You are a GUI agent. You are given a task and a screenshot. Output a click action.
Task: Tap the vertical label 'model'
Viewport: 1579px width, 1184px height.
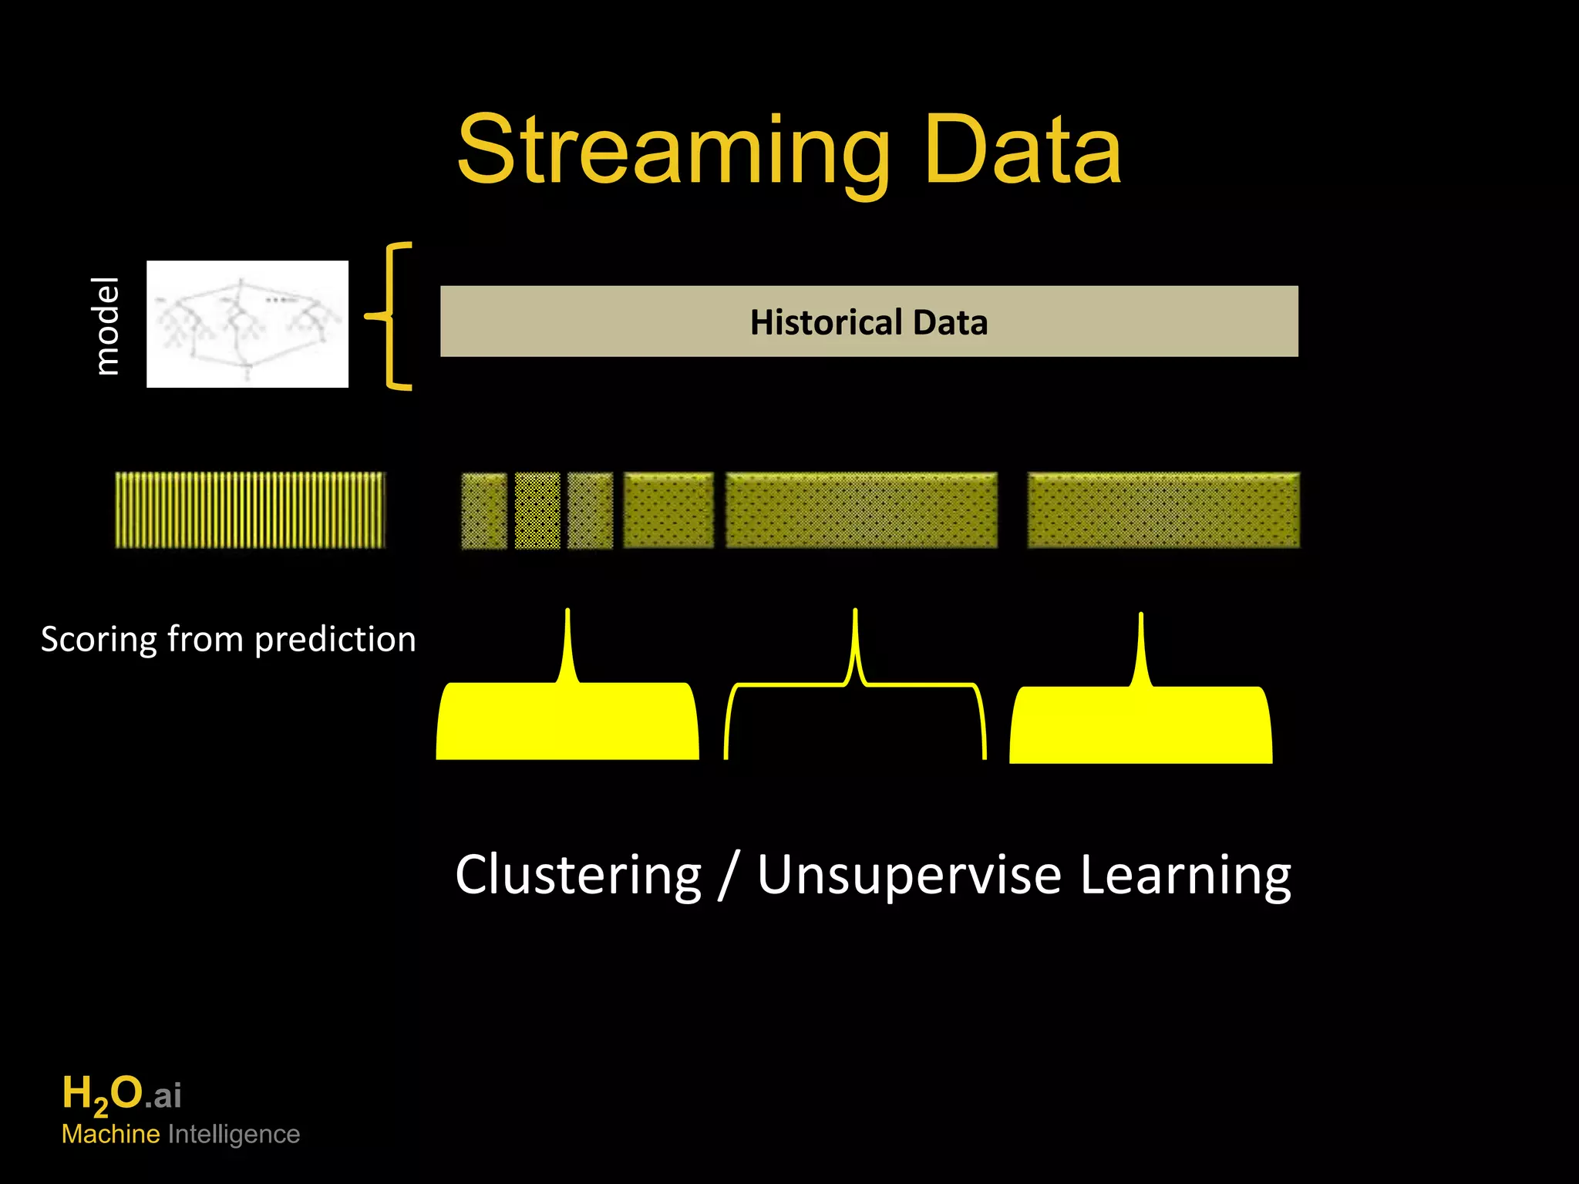[106, 325]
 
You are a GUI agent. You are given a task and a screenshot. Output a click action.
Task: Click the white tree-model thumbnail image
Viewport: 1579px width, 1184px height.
[247, 324]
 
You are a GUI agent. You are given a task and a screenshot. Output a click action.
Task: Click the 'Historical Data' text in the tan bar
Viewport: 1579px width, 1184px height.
[869, 322]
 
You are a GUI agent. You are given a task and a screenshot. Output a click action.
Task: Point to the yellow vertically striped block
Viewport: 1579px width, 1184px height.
[250, 510]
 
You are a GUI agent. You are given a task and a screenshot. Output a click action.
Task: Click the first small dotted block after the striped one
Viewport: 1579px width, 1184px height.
[484, 511]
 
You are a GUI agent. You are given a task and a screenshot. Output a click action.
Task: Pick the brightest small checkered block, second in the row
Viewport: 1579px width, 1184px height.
[537, 511]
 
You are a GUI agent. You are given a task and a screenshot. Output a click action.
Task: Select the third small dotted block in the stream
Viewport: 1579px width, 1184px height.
[590, 511]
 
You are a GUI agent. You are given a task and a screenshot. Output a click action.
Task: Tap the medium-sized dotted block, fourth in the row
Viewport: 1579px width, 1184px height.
[668, 511]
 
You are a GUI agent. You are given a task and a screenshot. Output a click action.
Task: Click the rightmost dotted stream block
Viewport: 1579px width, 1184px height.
[1163, 511]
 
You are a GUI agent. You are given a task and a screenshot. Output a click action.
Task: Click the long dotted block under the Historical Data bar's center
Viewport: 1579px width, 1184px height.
[861, 511]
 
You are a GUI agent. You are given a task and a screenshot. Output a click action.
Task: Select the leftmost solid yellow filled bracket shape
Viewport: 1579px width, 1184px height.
[567, 721]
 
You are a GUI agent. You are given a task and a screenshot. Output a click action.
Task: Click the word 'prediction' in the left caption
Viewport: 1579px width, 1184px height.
[335, 640]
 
